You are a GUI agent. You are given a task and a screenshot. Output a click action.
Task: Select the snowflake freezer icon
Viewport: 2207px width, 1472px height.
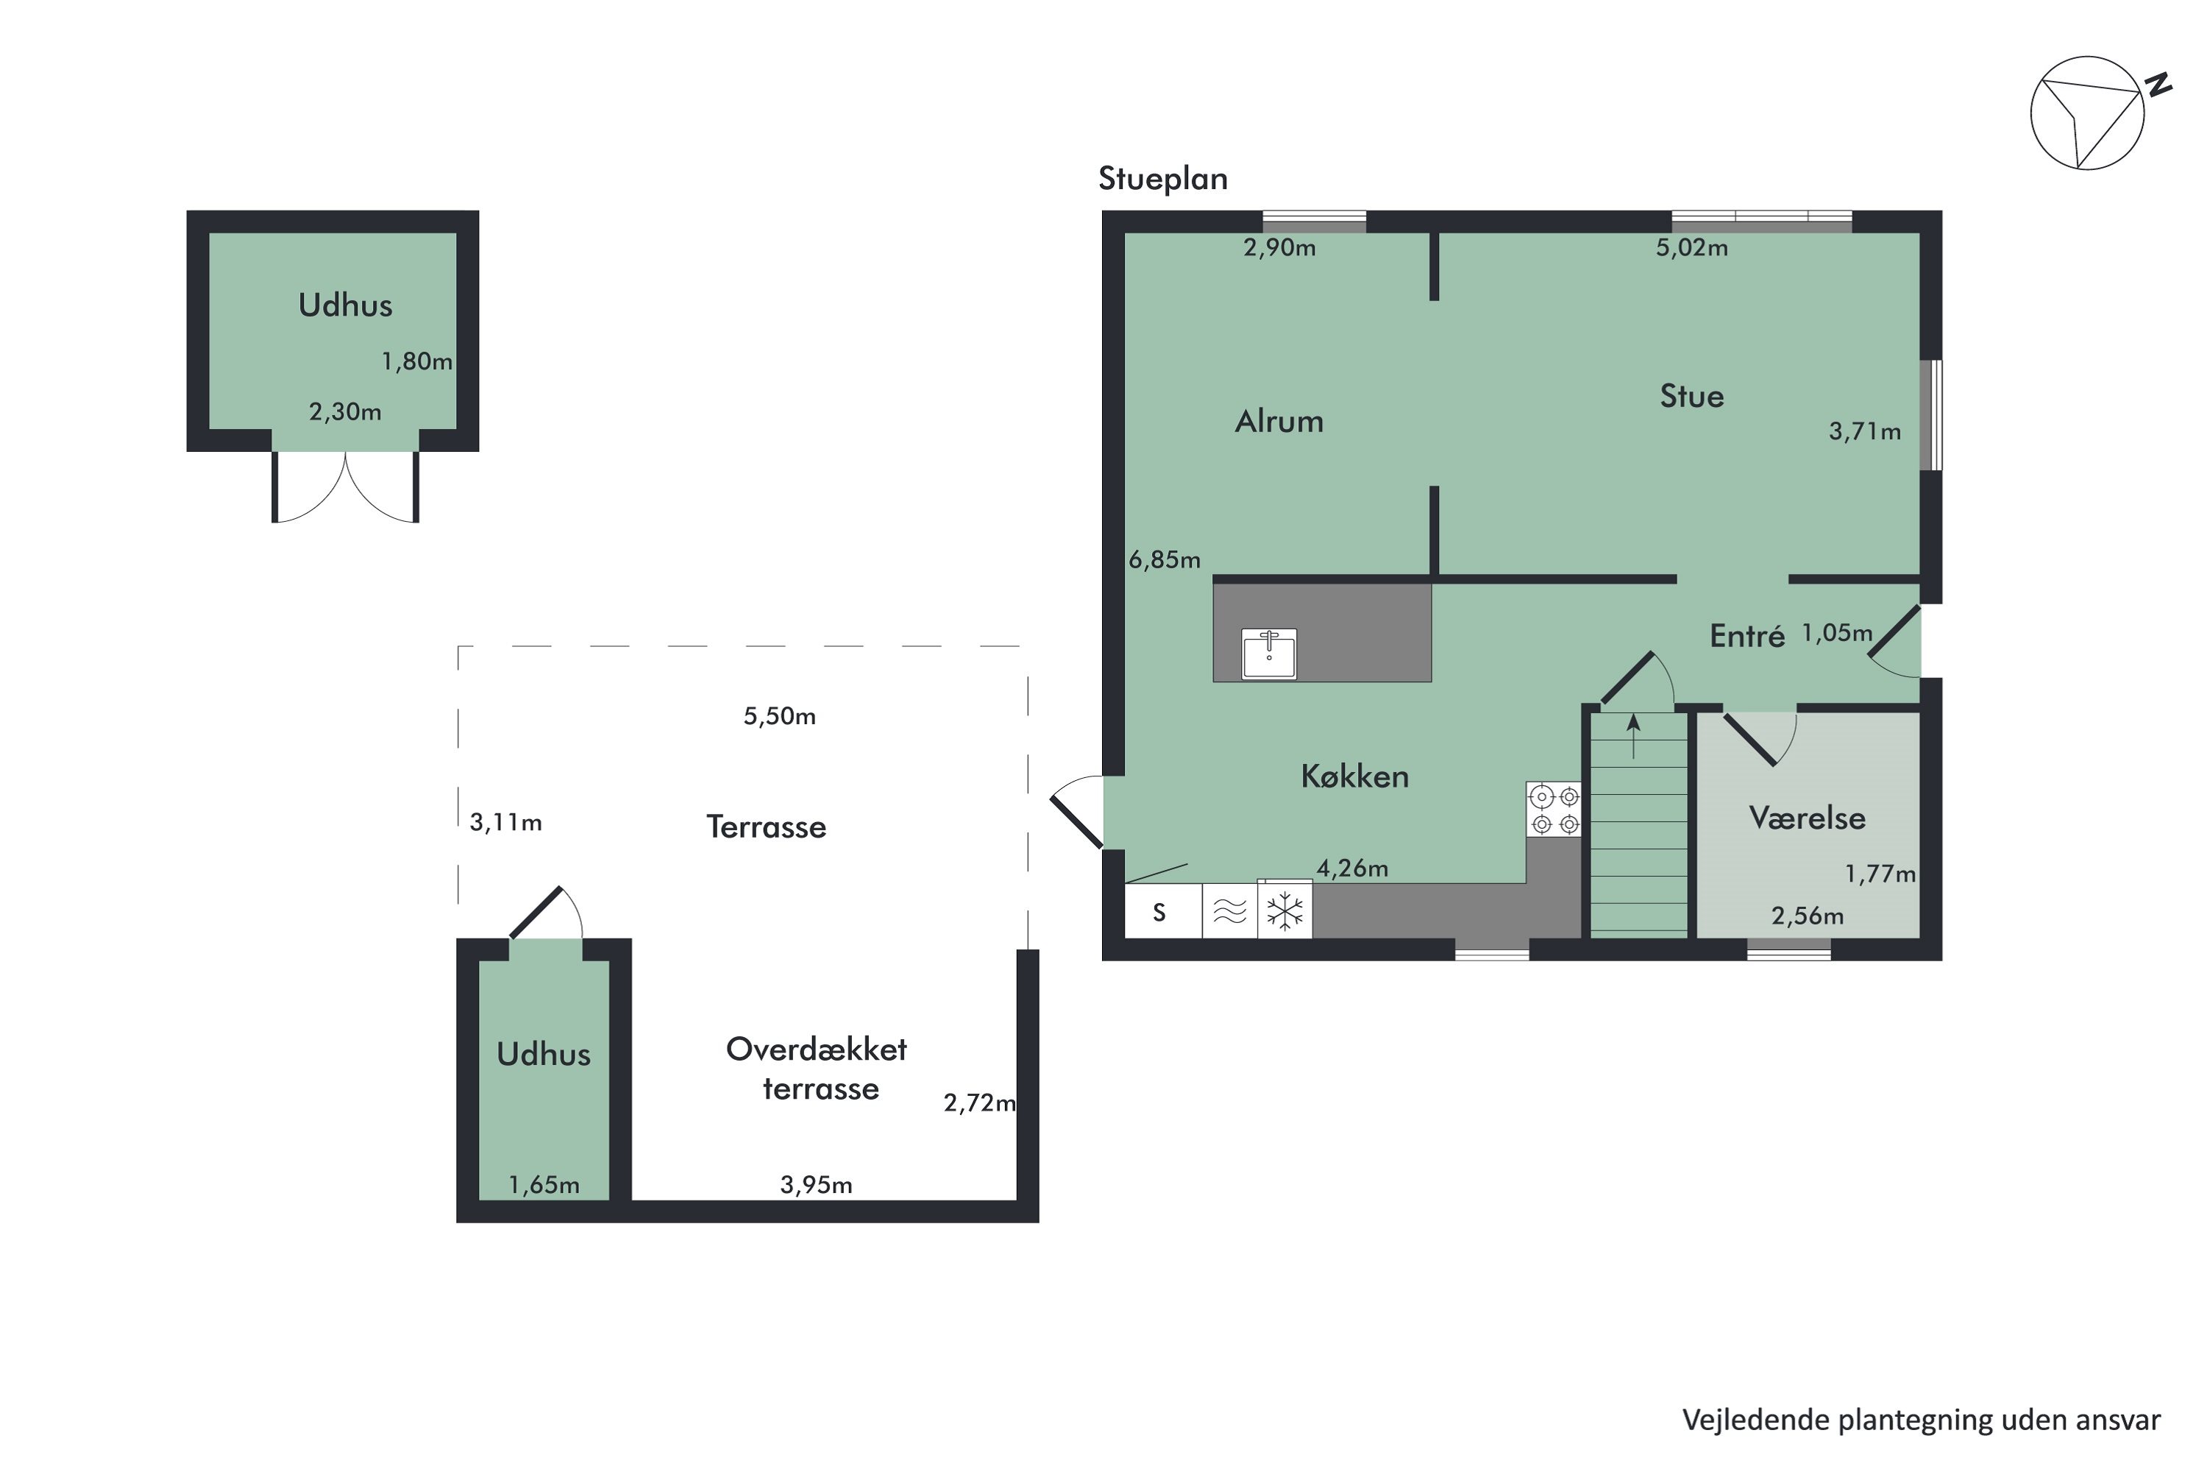(x=1284, y=910)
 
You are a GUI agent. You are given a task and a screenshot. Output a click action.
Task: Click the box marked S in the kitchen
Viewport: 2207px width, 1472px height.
(x=1160, y=913)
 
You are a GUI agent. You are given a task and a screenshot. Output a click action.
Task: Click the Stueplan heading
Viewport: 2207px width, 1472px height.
(x=1162, y=178)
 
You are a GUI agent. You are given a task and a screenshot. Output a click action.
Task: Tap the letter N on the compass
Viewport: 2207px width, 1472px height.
(x=2159, y=85)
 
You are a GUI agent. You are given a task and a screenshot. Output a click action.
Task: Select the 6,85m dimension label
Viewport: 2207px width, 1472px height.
(x=1165, y=560)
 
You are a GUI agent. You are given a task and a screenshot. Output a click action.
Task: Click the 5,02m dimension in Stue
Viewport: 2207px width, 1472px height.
(x=1692, y=248)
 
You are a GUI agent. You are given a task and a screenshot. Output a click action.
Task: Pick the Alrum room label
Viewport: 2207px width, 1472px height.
(x=1279, y=422)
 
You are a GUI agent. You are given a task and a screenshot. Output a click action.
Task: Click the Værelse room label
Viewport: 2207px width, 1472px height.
(x=1808, y=818)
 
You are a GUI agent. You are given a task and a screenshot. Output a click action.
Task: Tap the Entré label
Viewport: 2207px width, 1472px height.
(x=1747, y=637)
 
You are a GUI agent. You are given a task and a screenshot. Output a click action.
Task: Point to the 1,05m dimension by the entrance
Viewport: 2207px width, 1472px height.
(x=1836, y=634)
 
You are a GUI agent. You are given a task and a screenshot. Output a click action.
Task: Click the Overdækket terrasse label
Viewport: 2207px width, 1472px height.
(x=817, y=1069)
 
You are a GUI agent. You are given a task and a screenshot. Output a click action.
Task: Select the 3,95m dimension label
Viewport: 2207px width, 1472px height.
(x=817, y=1186)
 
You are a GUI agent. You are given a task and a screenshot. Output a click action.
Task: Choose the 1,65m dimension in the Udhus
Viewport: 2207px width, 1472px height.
(x=544, y=1186)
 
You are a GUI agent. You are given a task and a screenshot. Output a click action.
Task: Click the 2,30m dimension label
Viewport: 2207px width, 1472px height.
(x=345, y=412)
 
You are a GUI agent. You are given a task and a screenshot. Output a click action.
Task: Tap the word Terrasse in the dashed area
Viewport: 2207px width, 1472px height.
(x=766, y=827)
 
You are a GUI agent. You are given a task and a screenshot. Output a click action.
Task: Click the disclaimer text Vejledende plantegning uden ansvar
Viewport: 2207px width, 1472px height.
(x=1921, y=1420)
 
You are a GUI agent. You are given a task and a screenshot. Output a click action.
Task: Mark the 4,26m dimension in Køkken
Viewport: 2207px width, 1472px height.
(x=1352, y=868)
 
